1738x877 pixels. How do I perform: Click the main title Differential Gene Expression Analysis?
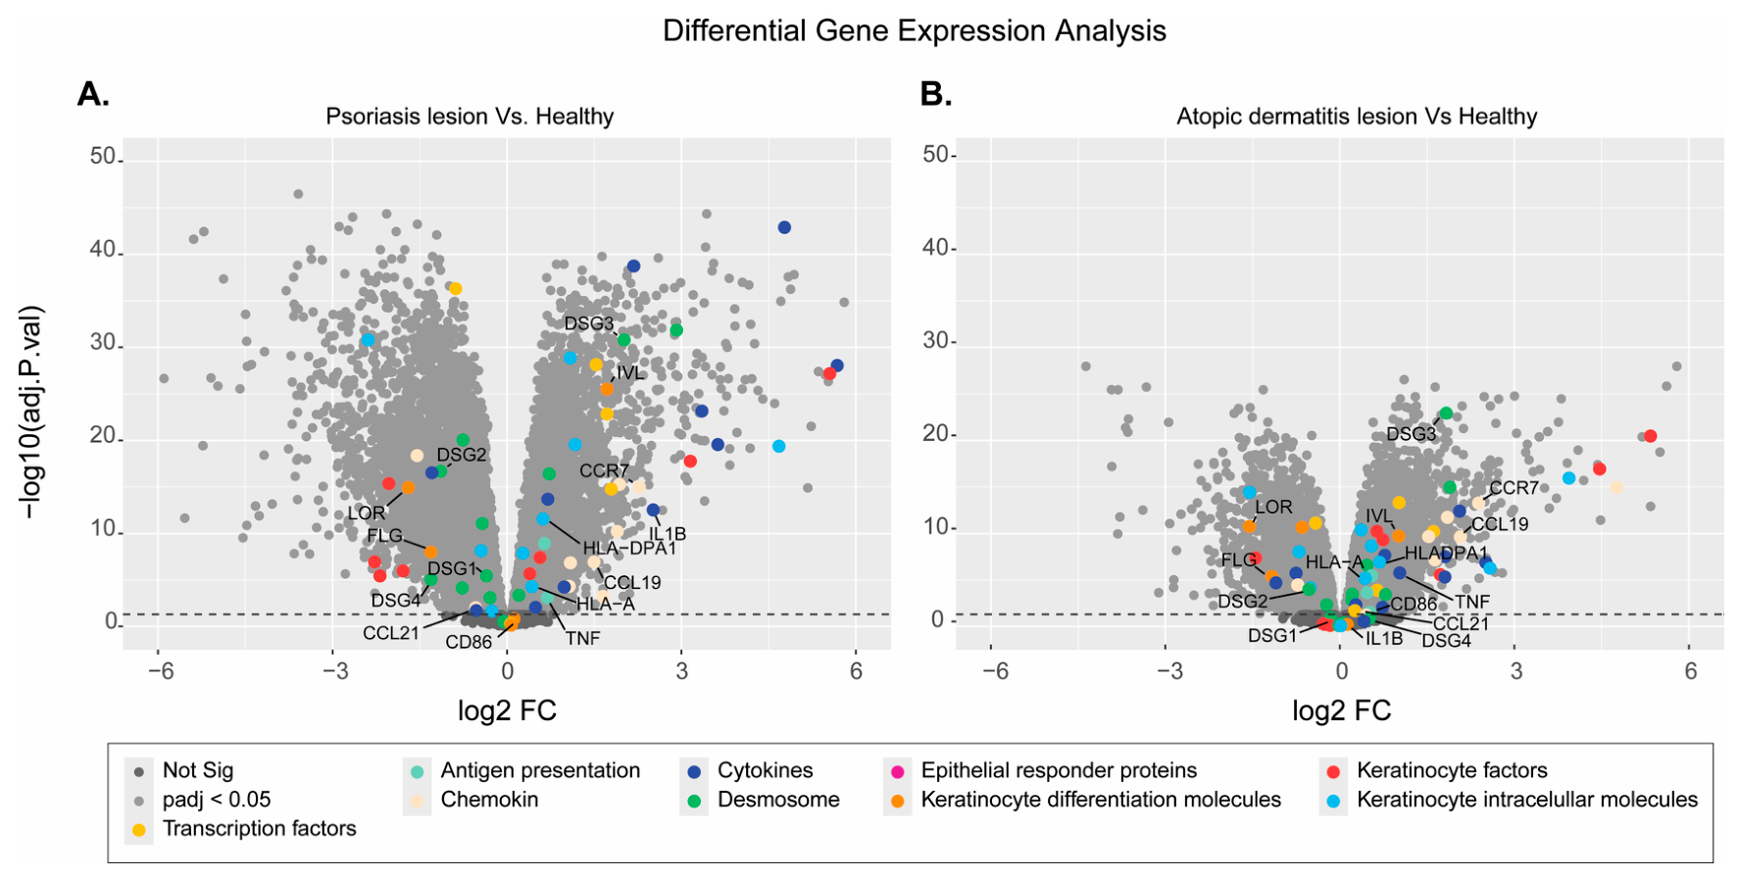click(x=914, y=30)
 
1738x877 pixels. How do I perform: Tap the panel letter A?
click(x=93, y=94)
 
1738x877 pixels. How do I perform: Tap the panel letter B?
click(x=936, y=94)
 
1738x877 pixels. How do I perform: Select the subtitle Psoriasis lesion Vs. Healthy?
click(x=470, y=117)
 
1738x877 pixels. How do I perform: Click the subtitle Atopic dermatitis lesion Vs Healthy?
click(x=1357, y=117)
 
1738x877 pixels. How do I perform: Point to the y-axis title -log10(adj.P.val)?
click(x=32, y=413)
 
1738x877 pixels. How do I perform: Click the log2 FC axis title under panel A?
click(x=507, y=709)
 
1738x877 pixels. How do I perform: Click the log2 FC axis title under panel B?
click(x=1341, y=709)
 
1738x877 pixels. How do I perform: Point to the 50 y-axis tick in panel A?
click(x=103, y=157)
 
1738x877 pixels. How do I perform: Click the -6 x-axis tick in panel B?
click(x=995, y=671)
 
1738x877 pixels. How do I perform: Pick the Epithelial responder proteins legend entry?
click(x=1043, y=770)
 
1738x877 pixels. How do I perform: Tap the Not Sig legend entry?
click(x=183, y=770)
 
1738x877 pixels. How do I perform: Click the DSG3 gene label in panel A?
click(x=589, y=324)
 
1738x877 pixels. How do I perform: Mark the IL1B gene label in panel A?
click(x=668, y=534)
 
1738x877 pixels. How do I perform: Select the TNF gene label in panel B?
click(x=1472, y=602)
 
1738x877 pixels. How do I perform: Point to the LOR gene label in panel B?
click(x=1274, y=507)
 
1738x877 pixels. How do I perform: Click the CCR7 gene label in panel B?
click(x=1515, y=488)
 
